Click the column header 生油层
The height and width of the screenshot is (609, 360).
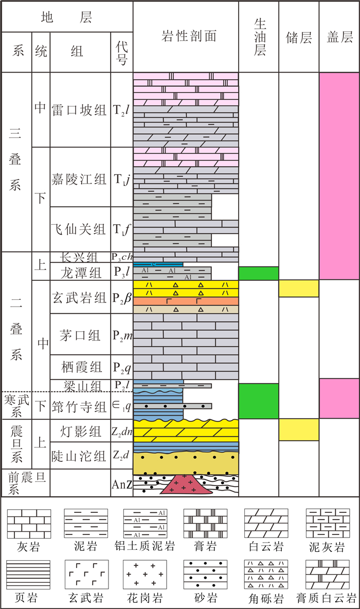click(259, 36)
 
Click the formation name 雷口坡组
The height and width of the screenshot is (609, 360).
click(80, 110)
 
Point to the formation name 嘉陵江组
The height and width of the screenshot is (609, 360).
click(80, 177)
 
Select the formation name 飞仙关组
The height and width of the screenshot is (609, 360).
click(80, 229)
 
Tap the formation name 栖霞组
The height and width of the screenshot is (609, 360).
click(80, 367)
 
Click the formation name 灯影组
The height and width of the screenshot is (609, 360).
click(80, 430)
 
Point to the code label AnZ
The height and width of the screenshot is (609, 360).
click(122, 484)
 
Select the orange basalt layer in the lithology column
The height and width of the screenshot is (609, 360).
click(186, 301)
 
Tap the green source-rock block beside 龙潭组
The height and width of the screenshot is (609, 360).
click(259, 273)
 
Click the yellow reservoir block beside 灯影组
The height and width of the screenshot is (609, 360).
click(299, 429)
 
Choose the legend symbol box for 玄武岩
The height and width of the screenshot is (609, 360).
click(86, 574)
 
